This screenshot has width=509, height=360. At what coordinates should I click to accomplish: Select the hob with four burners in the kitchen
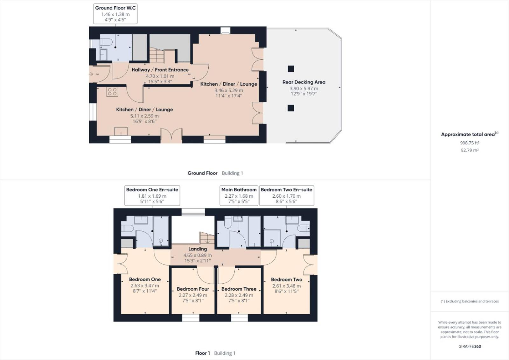(x=112, y=92)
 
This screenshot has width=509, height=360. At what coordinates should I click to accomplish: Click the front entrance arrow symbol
(x=91, y=74)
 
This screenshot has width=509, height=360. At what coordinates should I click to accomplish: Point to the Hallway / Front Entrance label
(x=160, y=70)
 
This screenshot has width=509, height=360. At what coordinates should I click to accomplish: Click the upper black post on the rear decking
(x=291, y=69)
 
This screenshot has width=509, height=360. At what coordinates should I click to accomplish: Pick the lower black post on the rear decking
(x=291, y=108)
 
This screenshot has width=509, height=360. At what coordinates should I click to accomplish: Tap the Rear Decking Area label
(x=304, y=82)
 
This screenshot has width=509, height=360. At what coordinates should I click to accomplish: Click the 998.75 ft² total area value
(x=470, y=143)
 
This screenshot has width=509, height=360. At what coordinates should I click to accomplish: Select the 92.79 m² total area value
(x=470, y=150)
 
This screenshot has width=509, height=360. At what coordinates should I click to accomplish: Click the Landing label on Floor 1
(x=198, y=249)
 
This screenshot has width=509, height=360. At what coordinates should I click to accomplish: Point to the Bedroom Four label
(x=193, y=289)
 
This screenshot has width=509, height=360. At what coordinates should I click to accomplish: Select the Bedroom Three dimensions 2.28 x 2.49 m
(x=239, y=295)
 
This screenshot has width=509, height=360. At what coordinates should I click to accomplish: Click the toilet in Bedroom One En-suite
(x=127, y=228)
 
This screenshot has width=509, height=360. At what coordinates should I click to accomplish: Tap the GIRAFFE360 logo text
(x=470, y=346)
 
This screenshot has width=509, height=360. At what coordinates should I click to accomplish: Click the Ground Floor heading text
(x=202, y=173)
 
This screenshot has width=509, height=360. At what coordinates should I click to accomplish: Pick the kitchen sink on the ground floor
(x=121, y=132)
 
